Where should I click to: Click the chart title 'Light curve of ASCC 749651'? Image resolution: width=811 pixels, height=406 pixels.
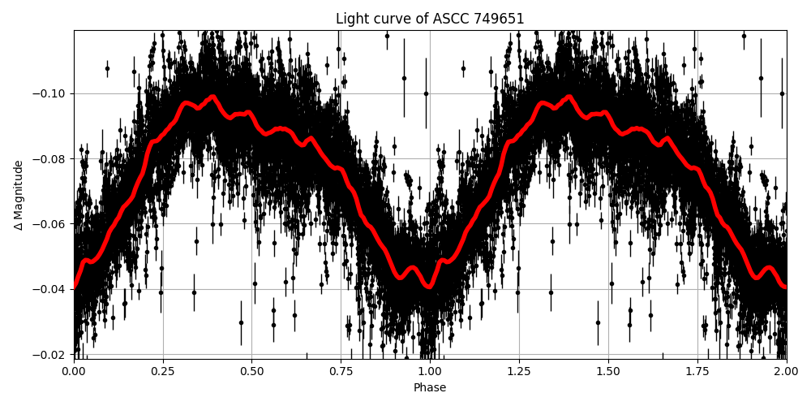[430, 19]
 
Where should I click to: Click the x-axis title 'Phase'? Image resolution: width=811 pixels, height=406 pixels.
[430, 388]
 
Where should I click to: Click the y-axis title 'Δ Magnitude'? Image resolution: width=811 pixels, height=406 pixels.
[19, 195]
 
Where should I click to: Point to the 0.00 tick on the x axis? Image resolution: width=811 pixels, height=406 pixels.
[74, 372]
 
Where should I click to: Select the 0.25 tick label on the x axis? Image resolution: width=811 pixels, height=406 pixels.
[163, 372]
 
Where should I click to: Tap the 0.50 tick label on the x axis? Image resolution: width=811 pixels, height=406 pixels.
[252, 372]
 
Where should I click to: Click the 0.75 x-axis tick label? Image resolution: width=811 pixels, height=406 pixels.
[341, 372]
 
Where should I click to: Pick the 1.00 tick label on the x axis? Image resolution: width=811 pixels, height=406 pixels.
[430, 372]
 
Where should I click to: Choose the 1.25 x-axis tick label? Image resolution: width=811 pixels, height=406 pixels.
[519, 372]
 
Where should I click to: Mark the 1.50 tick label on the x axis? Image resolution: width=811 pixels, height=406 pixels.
[608, 372]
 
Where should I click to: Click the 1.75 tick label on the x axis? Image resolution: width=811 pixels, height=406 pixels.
[697, 372]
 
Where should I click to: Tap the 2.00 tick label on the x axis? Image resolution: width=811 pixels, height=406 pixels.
[786, 372]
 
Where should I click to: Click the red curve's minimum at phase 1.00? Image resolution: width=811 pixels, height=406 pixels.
[430, 287]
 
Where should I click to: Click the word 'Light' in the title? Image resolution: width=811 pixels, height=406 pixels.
[350, 19]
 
